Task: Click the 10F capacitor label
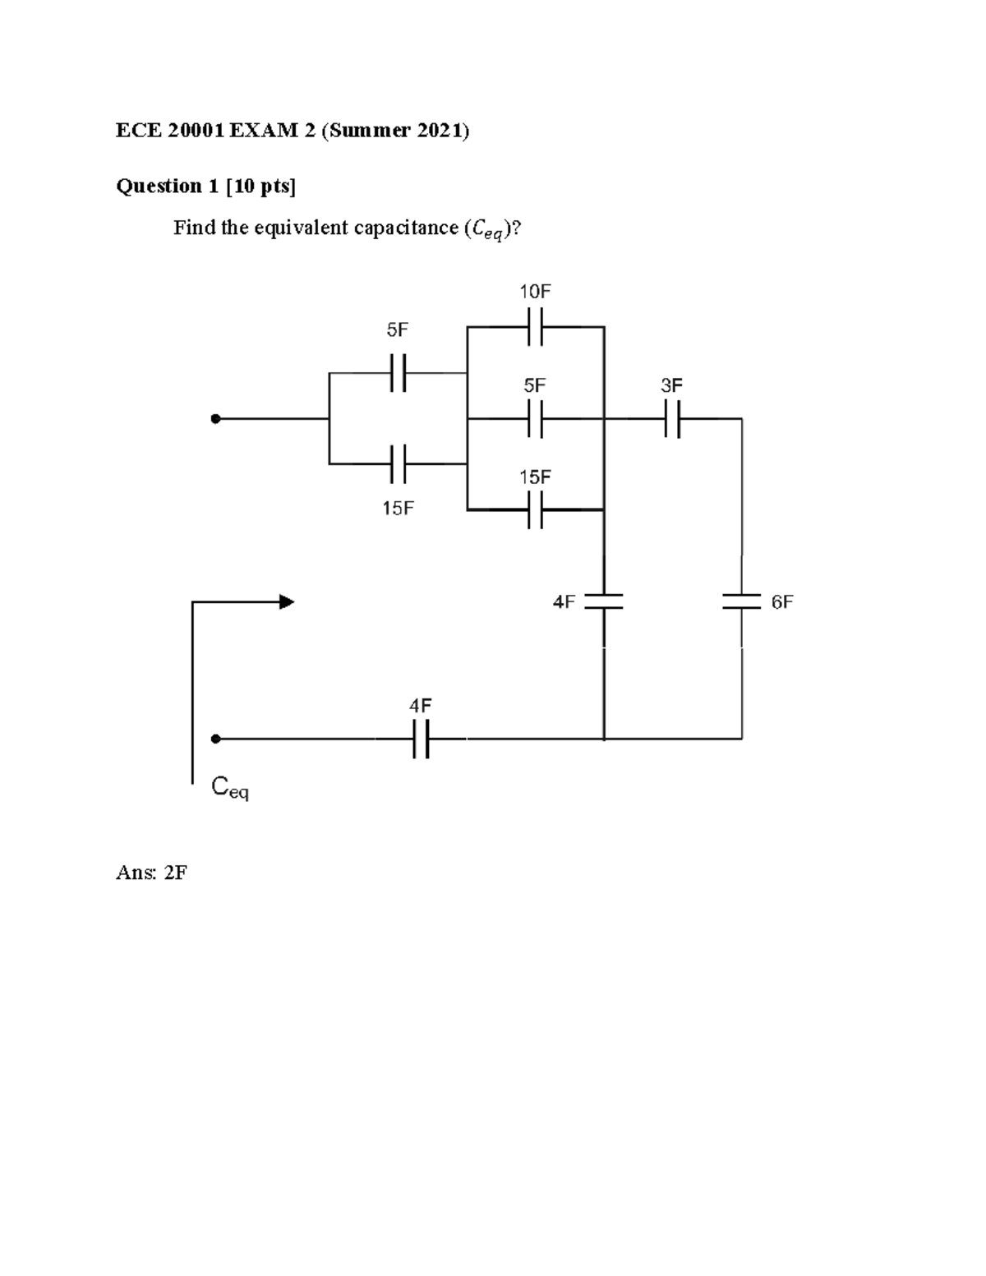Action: [534, 292]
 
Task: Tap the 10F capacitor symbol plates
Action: [535, 326]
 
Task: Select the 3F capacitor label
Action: [671, 385]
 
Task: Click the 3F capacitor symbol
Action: [672, 419]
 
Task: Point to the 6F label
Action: [781, 602]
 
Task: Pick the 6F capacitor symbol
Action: [742, 602]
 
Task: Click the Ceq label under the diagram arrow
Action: [230, 788]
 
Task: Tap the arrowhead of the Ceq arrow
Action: [286, 602]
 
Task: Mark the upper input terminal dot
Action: [215, 419]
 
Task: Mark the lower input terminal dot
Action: [215, 739]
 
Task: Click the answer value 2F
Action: [175, 873]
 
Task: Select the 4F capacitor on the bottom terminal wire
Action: [420, 739]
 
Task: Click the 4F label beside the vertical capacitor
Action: [564, 602]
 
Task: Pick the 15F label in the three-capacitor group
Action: [535, 477]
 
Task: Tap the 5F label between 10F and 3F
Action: [535, 385]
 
